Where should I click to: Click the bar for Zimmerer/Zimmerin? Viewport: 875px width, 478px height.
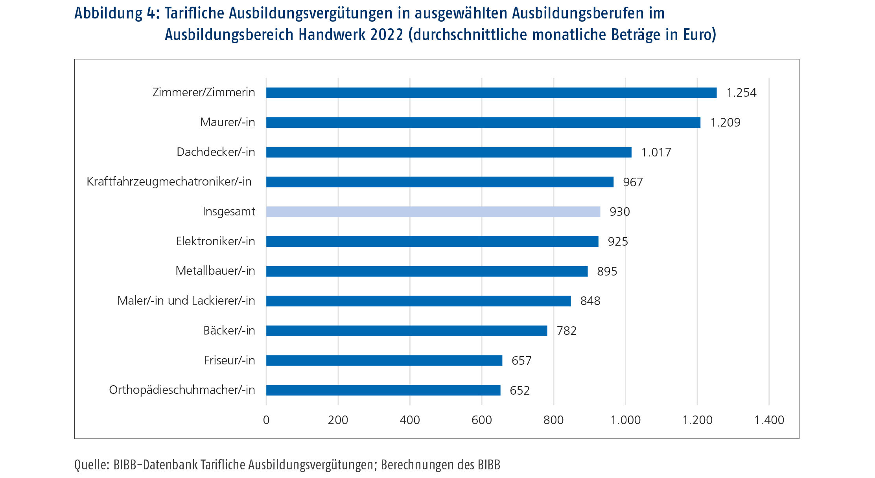pyautogui.click(x=491, y=93)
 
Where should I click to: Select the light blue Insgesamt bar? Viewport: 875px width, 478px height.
pyautogui.click(x=433, y=212)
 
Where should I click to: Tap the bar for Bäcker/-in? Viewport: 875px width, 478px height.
pyautogui.click(x=406, y=331)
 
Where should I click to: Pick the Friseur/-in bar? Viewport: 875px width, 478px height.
pyautogui.click(x=384, y=360)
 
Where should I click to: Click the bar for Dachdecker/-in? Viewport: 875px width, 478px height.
pyautogui.click(x=448, y=152)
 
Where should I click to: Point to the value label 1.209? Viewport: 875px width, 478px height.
pyautogui.click(x=725, y=123)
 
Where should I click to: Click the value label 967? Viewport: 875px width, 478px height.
pyautogui.click(x=632, y=182)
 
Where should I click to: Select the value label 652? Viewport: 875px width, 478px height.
pyautogui.click(x=519, y=391)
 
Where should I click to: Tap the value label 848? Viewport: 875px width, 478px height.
pyautogui.click(x=590, y=301)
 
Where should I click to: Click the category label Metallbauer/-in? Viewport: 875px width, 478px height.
pyautogui.click(x=215, y=271)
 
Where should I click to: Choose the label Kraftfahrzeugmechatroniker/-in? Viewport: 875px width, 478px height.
pyautogui.click(x=169, y=182)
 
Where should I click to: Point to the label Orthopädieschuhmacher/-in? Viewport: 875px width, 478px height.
pyautogui.click(x=182, y=390)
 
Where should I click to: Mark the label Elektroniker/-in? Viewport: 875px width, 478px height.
pyautogui.click(x=215, y=241)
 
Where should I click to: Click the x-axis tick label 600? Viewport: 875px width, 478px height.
pyautogui.click(x=481, y=420)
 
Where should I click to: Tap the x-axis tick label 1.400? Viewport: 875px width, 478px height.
pyautogui.click(x=769, y=420)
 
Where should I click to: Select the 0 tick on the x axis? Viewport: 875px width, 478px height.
pyautogui.click(x=266, y=420)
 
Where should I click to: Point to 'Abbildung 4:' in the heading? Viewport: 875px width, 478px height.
pyautogui.click(x=116, y=13)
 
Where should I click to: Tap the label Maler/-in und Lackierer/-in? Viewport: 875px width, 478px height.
pyautogui.click(x=186, y=301)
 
